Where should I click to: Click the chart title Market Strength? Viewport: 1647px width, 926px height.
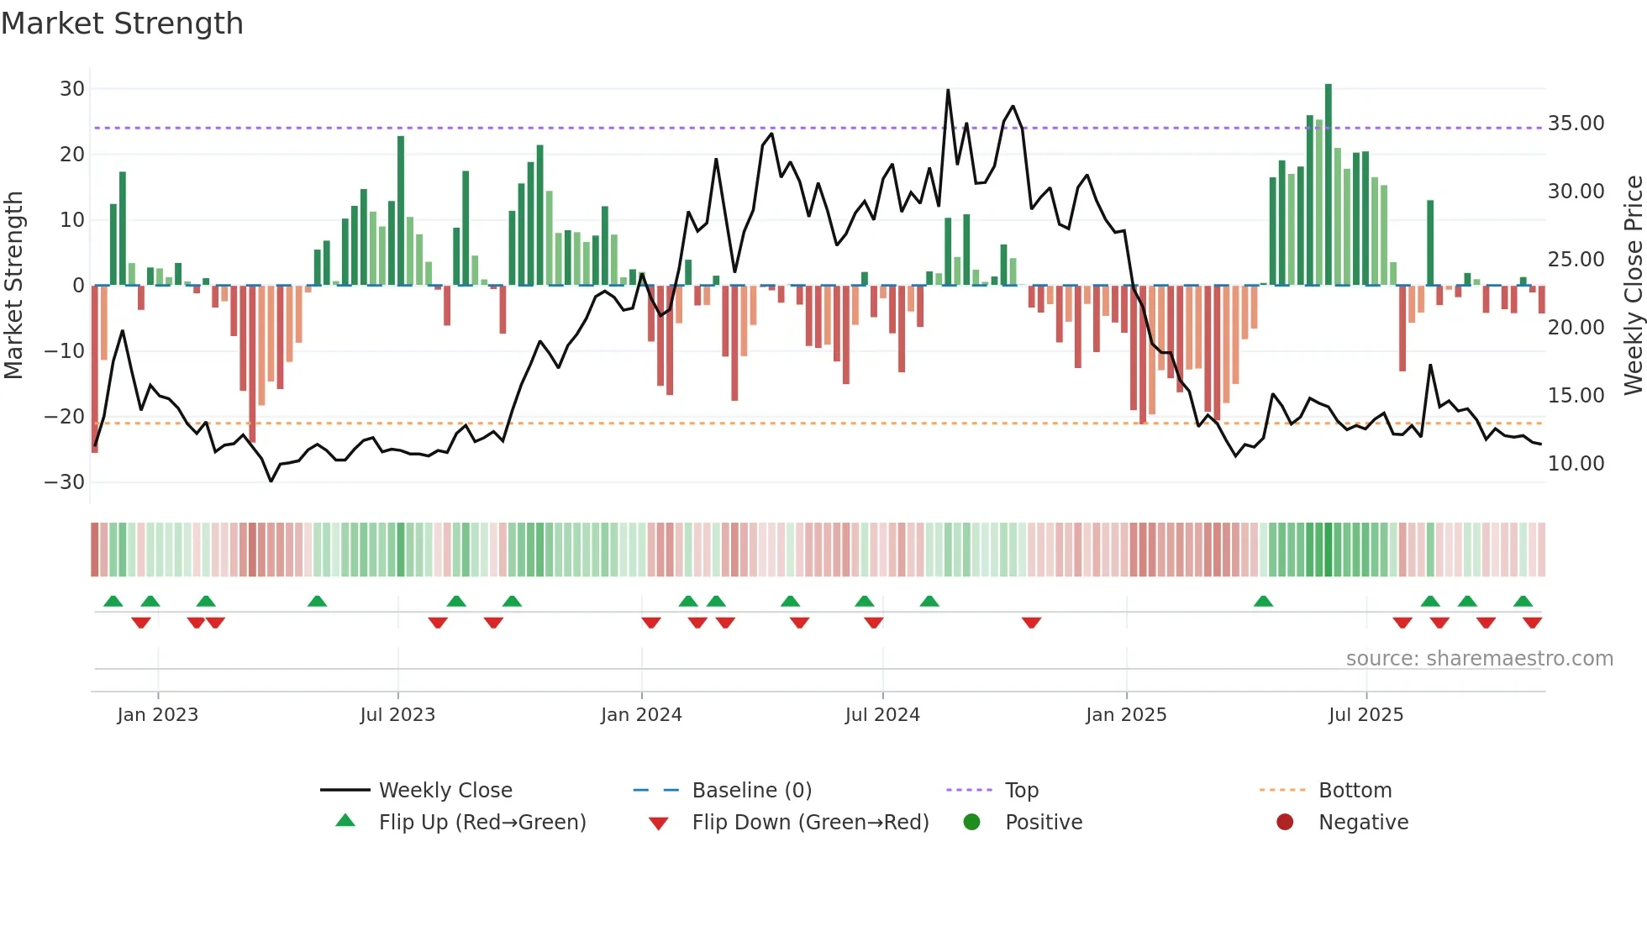tap(122, 24)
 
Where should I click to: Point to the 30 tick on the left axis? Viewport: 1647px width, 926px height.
tap(72, 89)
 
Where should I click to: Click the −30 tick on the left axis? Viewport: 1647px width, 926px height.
tap(65, 482)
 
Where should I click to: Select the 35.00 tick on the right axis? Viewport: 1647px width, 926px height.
tap(1576, 124)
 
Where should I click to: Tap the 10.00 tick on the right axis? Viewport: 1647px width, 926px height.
tap(1576, 464)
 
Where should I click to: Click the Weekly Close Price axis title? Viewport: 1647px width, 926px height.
tap(1633, 286)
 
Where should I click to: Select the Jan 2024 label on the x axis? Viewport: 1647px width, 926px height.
tap(641, 715)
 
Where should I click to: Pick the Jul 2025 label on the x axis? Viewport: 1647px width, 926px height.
tap(1365, 715)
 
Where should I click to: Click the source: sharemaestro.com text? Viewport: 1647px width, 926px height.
tap(1479, 659)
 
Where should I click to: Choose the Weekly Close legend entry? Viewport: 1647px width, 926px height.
tap(445, 791)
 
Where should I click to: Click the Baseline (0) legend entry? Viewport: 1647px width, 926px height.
tap(751, 791)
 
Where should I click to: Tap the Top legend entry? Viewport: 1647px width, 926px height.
tap(1021, 791)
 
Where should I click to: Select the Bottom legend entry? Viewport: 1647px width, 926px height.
tap(1355, 791)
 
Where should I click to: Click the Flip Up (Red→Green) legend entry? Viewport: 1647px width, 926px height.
tap(481, 823)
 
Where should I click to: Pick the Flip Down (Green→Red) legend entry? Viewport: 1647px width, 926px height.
tap(810, 823)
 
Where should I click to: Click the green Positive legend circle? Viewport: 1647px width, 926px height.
tap(972, 823)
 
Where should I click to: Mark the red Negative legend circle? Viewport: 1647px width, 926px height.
tap(1285, 823)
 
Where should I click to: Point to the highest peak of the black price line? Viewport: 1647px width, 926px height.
tap(948, 91)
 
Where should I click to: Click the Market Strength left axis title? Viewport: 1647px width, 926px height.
tap(14, 286)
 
